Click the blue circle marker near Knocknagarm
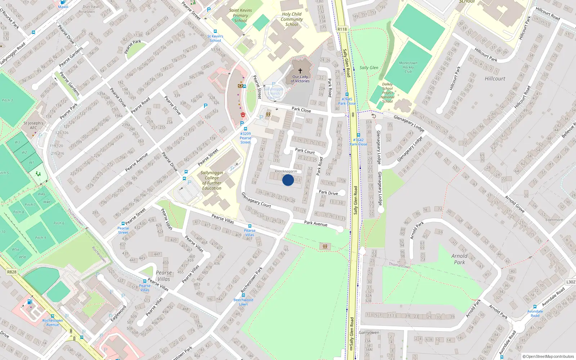[288, 180]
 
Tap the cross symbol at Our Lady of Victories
[300, 71]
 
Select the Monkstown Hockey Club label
[408, 67]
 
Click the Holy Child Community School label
[292, 19]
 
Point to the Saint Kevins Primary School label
[240, 15]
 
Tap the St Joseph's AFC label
[33, 125]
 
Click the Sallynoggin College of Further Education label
[212, 180]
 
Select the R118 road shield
[342, 30]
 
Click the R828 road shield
[12, 272]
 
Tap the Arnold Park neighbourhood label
[459, 259]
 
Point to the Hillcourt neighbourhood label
[495, 78]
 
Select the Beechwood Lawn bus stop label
[243, 302]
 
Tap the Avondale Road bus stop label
[535, 313]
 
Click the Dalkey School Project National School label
[387, 93]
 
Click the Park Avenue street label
[316, 224]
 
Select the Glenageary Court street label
[256, 200]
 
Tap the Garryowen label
[369, 333]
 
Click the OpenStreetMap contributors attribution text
[548, 356]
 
